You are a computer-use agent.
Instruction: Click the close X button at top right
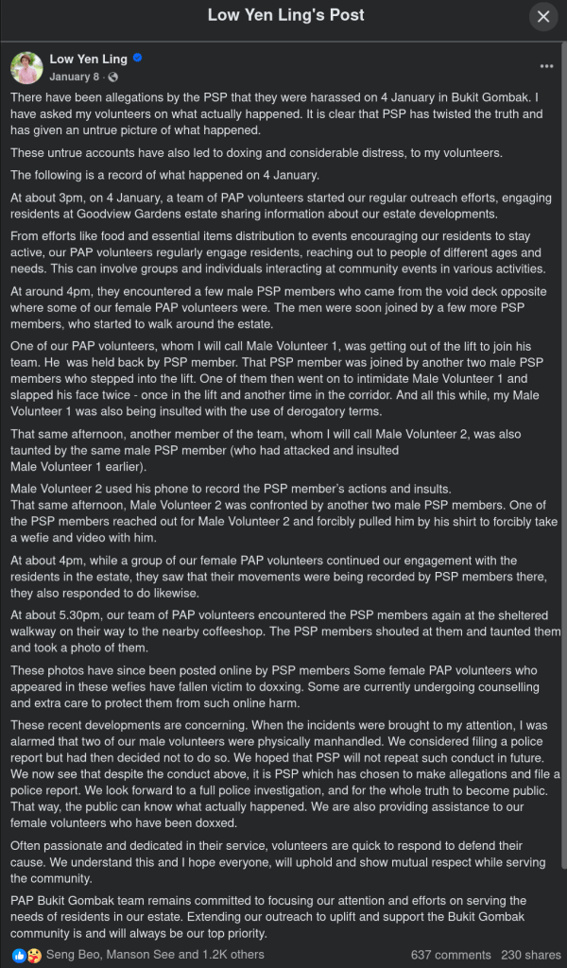(543, 16)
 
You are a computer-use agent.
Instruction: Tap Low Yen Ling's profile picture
(26, 67)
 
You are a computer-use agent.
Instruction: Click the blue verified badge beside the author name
(137, 59)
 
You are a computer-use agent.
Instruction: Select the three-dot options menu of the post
(546, 67)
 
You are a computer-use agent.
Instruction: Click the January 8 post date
(74, 77)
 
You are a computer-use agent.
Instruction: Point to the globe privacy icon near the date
(113, 77)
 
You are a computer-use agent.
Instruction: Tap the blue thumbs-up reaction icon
(19, 955)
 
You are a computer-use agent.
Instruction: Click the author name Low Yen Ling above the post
(88, 59)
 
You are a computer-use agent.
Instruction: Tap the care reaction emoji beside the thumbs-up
(33, 955)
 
